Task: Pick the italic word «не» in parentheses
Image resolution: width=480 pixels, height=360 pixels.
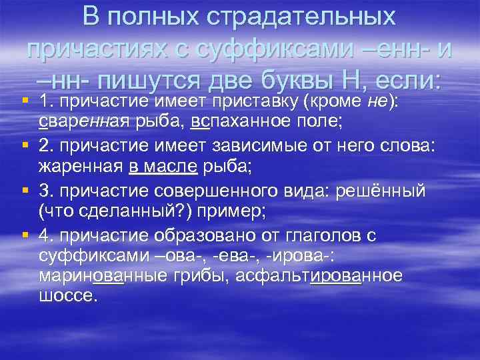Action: pyautogui.click(x=374, y=101)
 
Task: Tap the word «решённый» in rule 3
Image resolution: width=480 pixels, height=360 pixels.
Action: pyautogui.click(x=387, y=192)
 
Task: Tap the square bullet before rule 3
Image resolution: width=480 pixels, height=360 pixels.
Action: pyautogui.click(x=24, y=193)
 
